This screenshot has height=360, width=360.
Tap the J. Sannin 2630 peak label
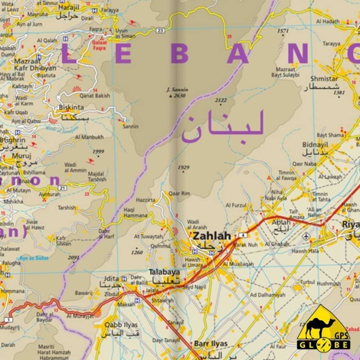click(175, 92)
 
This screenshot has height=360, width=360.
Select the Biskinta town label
click(71, 109)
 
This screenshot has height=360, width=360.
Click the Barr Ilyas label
click(212, 344)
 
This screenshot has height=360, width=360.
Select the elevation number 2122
click(221, 100)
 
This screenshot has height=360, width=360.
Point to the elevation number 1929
click(183, 167)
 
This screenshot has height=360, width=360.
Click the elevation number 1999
click(98, 152)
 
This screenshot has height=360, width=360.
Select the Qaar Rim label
click(179, 194)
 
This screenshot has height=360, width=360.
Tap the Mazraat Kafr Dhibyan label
click(31, 64)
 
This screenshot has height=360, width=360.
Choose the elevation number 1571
click(283, 31)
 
